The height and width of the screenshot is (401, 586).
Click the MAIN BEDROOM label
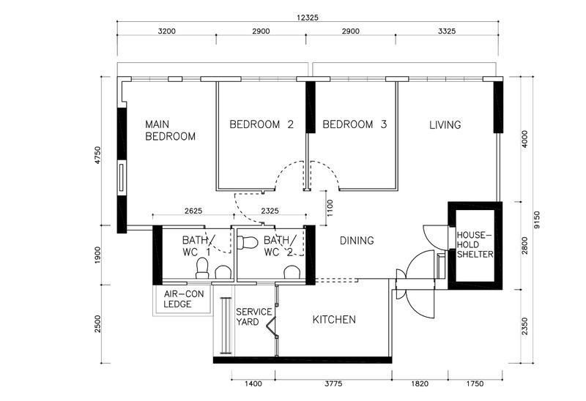point(170,130)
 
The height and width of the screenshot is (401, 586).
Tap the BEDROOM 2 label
point(262,124)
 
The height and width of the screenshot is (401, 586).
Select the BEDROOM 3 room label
point(355,124)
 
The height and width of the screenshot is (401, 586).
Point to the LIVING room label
point(445,124)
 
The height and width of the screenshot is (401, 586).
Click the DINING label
point(357,241)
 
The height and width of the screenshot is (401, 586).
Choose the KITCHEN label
point(334,320)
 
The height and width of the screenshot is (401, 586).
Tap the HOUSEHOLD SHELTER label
point(475,245)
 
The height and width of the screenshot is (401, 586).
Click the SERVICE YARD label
point(253,317)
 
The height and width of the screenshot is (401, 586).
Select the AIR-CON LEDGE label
point(184,299)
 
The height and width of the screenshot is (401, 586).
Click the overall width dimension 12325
point(308,18)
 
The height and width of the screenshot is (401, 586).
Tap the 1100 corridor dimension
point(330,208)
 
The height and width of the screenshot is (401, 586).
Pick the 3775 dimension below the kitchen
point(333,384)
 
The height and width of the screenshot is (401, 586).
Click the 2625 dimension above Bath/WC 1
point(193,211)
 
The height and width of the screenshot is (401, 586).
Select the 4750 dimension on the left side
point(97,155)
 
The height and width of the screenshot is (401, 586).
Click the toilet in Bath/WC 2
point(248,243)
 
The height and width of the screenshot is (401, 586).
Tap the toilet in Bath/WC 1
point(202,268)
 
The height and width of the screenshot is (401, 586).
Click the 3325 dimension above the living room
point(447,31)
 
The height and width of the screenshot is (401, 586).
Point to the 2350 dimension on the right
point(524,326)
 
